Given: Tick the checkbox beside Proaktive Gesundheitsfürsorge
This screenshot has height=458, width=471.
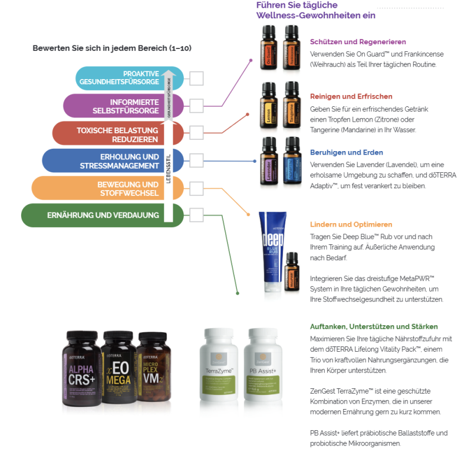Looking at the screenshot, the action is tap(196, 78).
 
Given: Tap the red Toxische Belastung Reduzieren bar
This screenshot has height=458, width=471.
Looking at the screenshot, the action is tap(106, 134).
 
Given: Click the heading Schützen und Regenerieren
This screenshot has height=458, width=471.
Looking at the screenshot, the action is tap(350, 42).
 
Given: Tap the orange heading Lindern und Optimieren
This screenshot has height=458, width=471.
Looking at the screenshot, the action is tap(351, 224).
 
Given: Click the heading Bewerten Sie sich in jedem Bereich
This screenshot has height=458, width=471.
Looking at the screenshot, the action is tap(112, 48).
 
